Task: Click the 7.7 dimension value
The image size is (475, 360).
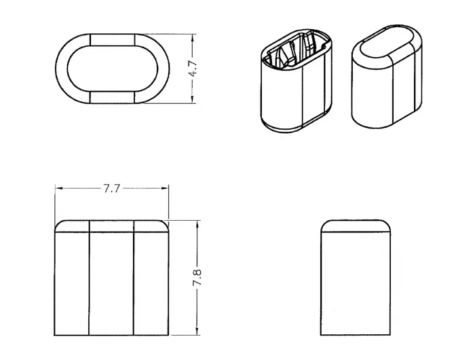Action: pos(112,189)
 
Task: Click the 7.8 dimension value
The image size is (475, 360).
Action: pos(197,277)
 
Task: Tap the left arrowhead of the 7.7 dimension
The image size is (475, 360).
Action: pos(59,188)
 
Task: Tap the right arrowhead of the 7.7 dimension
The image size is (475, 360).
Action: pos(165,188)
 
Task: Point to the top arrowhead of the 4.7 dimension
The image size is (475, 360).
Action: pos(193,37)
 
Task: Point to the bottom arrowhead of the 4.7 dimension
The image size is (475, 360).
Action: pos(193,99)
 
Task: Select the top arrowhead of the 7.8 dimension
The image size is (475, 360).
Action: pos(197,225)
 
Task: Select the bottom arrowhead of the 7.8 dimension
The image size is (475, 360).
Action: pos(197,331)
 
